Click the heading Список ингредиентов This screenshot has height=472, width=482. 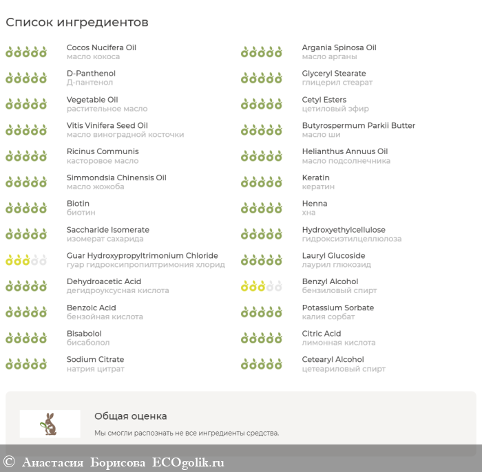(77, 22)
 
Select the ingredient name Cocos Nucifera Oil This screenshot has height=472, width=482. (101, 47)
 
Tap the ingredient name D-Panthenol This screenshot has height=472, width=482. (91, 74)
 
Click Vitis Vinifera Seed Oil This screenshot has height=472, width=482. (107, 125)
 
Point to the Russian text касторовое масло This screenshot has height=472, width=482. (103, 161)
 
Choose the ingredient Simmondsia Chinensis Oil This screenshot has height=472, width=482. (116, 178)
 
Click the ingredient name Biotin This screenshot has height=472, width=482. (78, 204)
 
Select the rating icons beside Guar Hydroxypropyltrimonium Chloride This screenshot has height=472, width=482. (26, 260)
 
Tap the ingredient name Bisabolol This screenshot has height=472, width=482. (84, 334)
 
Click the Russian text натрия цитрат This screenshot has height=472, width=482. (96, 369)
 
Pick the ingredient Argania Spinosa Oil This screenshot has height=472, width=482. (339, 47)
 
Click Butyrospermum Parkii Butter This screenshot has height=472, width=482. (359, 125)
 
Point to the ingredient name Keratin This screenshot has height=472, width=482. (315, 178)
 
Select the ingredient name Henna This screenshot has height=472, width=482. (315, 204)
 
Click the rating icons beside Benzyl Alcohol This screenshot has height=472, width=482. (262, 286)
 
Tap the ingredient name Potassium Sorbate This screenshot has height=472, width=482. (338, 308)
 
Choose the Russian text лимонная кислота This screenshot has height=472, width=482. (339, 343)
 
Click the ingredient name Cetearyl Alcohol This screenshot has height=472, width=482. (333, 359)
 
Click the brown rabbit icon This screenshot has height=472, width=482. (50, 424)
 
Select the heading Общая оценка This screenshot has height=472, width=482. (131, 416)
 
